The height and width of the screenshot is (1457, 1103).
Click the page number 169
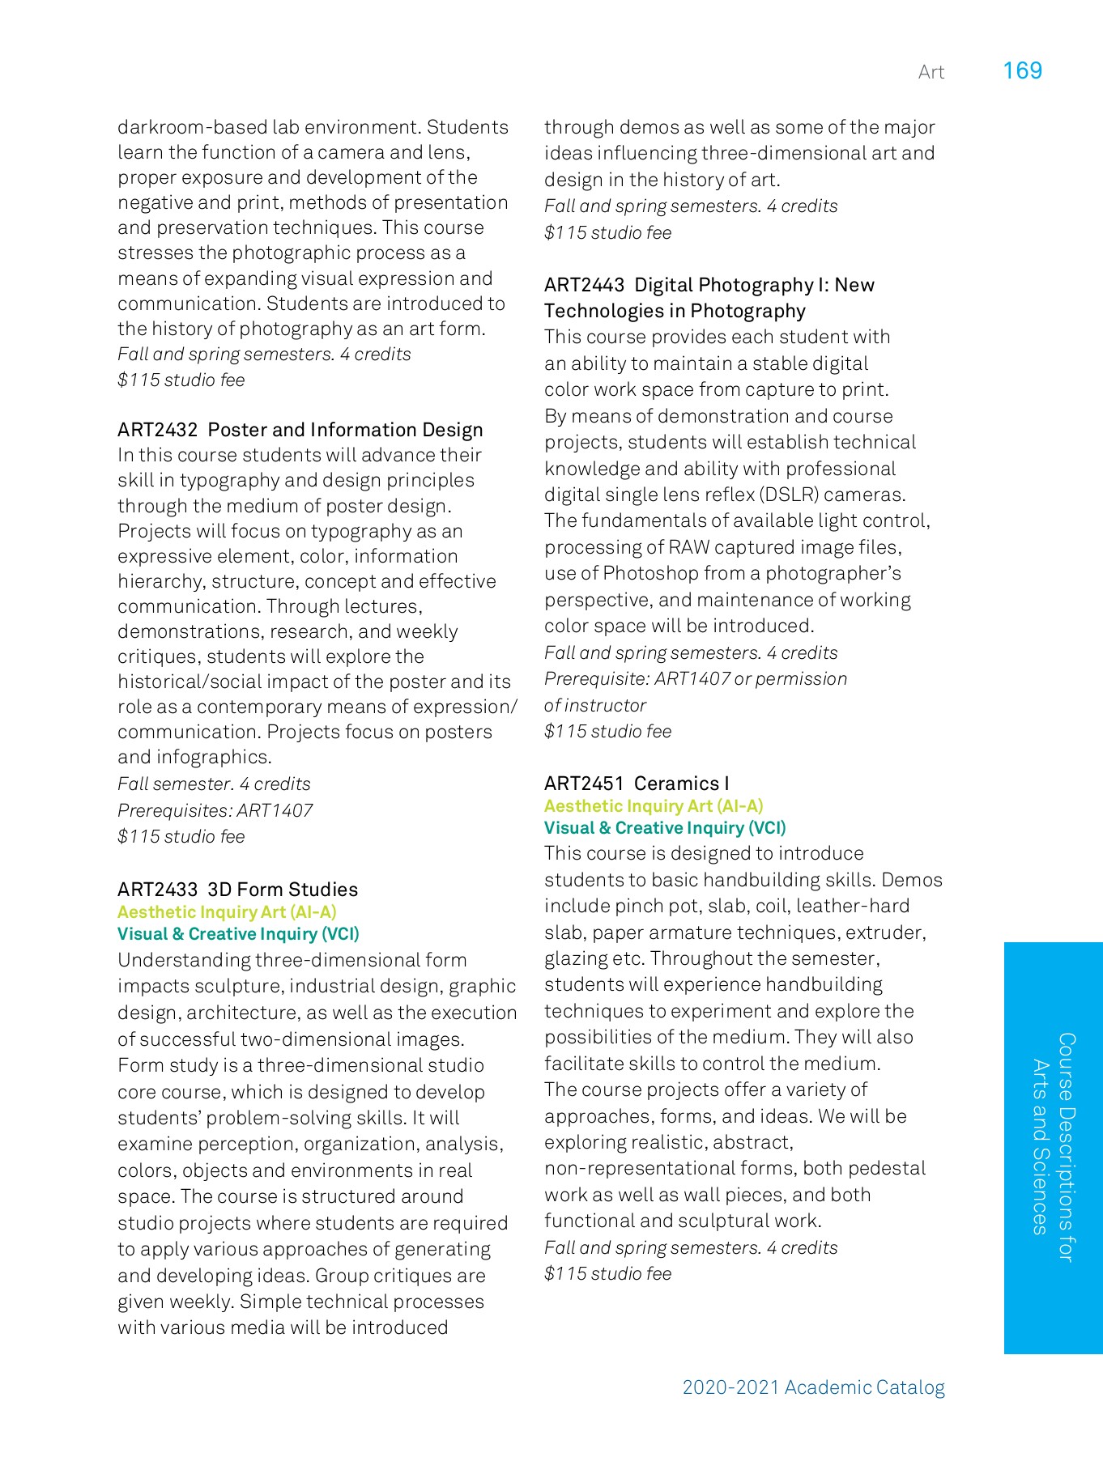[x=1022, y=71]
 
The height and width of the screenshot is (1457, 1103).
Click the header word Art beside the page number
[x=931, y=73]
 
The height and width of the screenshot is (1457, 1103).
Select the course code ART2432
[x=157, y=430]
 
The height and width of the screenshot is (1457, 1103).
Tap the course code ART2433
[x=157, y=890]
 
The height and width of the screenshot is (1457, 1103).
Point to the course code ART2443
[x=584, y=285]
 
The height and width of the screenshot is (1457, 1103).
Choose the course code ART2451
[x=584, y=784]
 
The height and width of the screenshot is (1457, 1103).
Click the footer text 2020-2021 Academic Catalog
[x=813, y=1387]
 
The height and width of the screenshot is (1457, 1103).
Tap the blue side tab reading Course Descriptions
[x=1053, y=1147]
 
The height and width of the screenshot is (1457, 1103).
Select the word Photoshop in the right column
[x=650, y=573]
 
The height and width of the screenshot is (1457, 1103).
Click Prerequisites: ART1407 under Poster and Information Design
[x=215, y=810]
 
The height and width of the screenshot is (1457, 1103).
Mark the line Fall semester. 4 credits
[x=214, y=784]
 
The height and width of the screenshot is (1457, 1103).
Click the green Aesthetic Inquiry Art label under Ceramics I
[x=653, y=806]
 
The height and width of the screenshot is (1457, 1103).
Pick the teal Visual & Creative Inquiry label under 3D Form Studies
[x=238, y=934]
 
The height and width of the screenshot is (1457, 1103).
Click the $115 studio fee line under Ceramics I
[x=607, y=1273]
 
